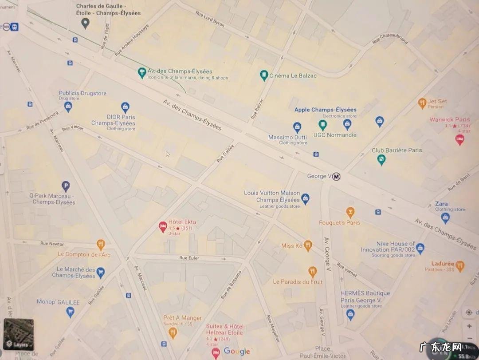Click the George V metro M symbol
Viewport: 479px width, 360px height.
tap(337, 177)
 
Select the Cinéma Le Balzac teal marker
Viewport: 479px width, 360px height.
tap(264, 75)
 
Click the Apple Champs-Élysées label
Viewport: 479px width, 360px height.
tap(325, 110)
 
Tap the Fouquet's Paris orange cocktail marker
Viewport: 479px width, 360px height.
tap(350, 212)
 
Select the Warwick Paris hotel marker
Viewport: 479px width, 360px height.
tap(460, 140)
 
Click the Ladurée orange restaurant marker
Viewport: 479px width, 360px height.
tap(460, 266)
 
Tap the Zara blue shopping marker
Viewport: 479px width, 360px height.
tap(445, 218)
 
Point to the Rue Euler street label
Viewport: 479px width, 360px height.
tap(189, 258)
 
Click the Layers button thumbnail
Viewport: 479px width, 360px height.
tap(19, 334)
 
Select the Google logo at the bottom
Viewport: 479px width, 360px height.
tap(237, 352)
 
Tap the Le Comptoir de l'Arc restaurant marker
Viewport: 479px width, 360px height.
tap(101, 245)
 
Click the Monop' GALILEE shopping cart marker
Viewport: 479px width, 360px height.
tap(70, 312)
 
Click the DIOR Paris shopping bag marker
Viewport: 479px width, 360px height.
tap(126, 107)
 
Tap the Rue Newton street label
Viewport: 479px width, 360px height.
tap(52, 244)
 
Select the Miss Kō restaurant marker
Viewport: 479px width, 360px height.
tap(308, 245)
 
